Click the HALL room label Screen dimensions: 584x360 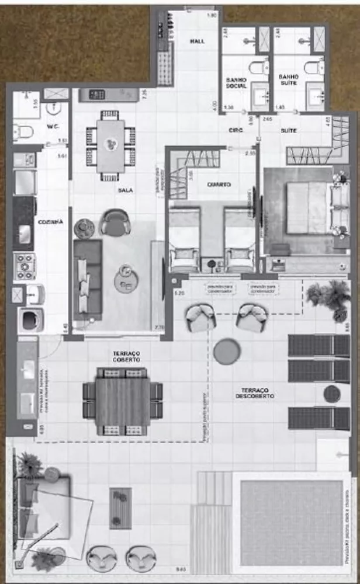pos(196,41)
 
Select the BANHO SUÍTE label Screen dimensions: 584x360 pos(289,81)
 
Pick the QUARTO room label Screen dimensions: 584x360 pos(219,185)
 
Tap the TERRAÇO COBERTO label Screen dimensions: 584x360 pos(126,357)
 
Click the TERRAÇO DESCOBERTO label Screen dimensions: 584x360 pos(261,392)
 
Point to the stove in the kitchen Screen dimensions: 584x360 pos(25,266)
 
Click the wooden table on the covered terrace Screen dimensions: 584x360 pos(122,401)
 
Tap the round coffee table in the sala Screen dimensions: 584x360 pos(126,279)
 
